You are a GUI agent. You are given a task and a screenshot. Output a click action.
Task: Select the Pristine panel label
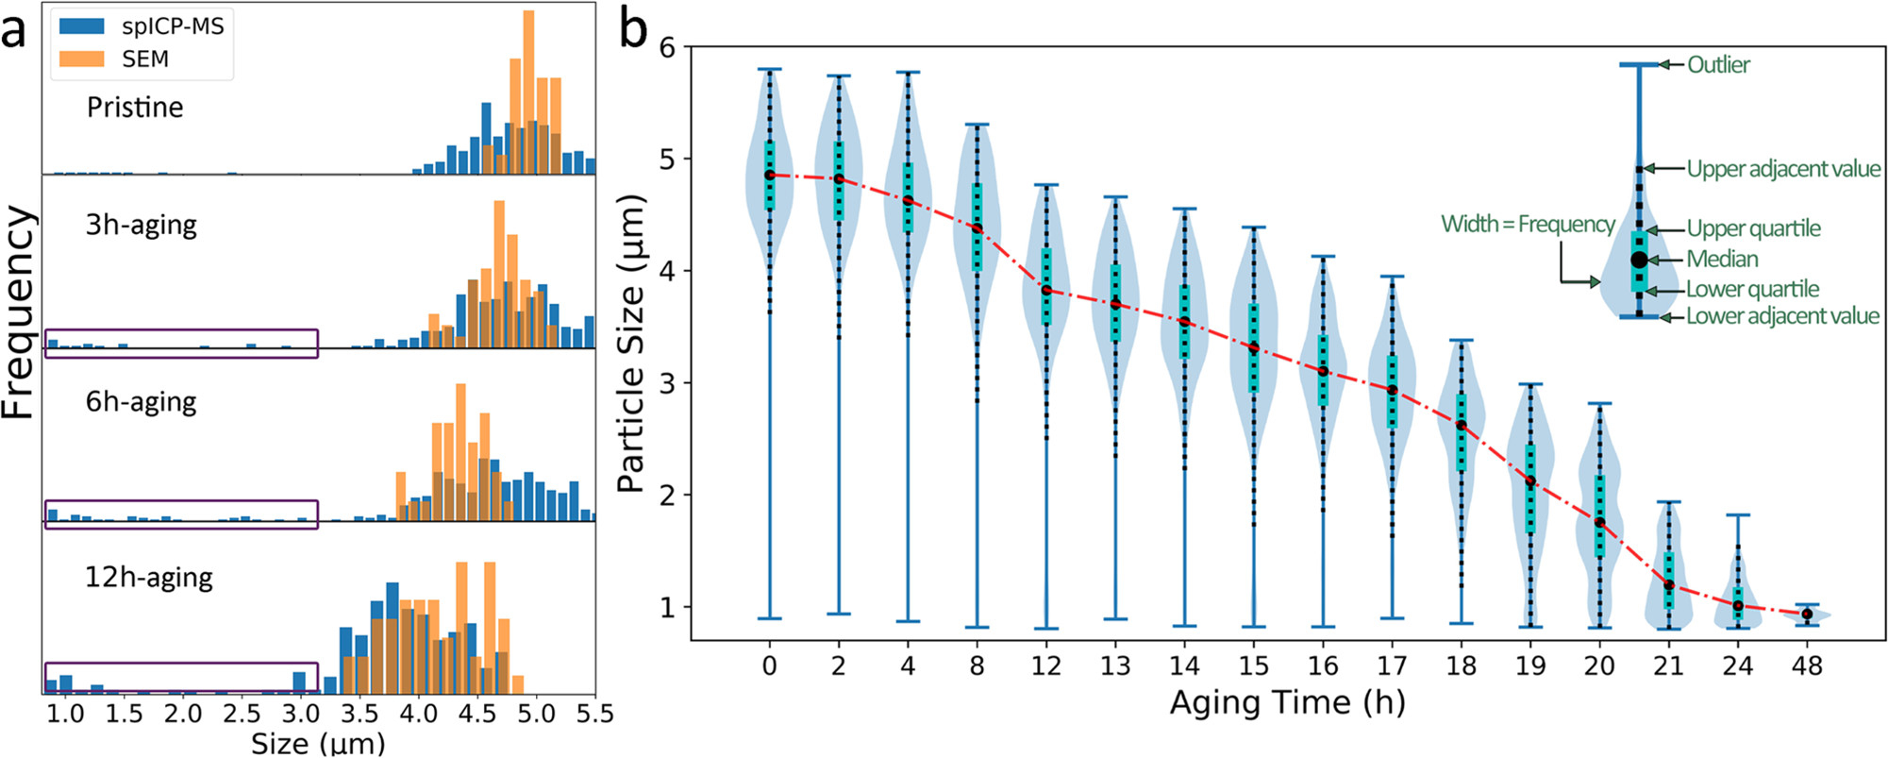point(135,107)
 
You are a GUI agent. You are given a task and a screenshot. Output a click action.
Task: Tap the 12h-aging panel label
point(149,577)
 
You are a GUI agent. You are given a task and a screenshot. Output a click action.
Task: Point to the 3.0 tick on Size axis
point(300,713)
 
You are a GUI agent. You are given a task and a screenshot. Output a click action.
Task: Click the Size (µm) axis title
point(318,743)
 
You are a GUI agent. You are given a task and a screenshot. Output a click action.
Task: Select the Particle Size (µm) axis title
point(630,344)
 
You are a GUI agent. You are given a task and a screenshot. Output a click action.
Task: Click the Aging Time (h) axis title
point(1287,702)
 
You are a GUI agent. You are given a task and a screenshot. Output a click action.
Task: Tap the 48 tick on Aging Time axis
point(1806,665)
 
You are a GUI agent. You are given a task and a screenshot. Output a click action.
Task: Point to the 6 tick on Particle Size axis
point(668,47)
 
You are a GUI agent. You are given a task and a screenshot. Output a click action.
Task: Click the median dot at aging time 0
point(769,175)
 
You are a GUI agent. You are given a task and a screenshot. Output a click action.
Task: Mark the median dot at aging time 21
point(1668,585)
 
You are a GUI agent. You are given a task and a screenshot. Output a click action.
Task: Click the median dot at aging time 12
point(1045,290)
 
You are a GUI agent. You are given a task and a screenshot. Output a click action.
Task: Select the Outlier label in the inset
point(1718,64)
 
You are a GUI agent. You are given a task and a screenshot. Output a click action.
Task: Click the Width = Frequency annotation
point(1528,224)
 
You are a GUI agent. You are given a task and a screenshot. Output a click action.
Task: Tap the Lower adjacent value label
point(1782,315)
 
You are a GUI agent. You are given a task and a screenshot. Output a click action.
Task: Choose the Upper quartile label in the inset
point(1753,228)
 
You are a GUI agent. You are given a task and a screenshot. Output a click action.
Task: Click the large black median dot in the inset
point(1639,259)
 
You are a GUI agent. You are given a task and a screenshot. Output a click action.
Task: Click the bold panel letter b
point(633,30)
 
